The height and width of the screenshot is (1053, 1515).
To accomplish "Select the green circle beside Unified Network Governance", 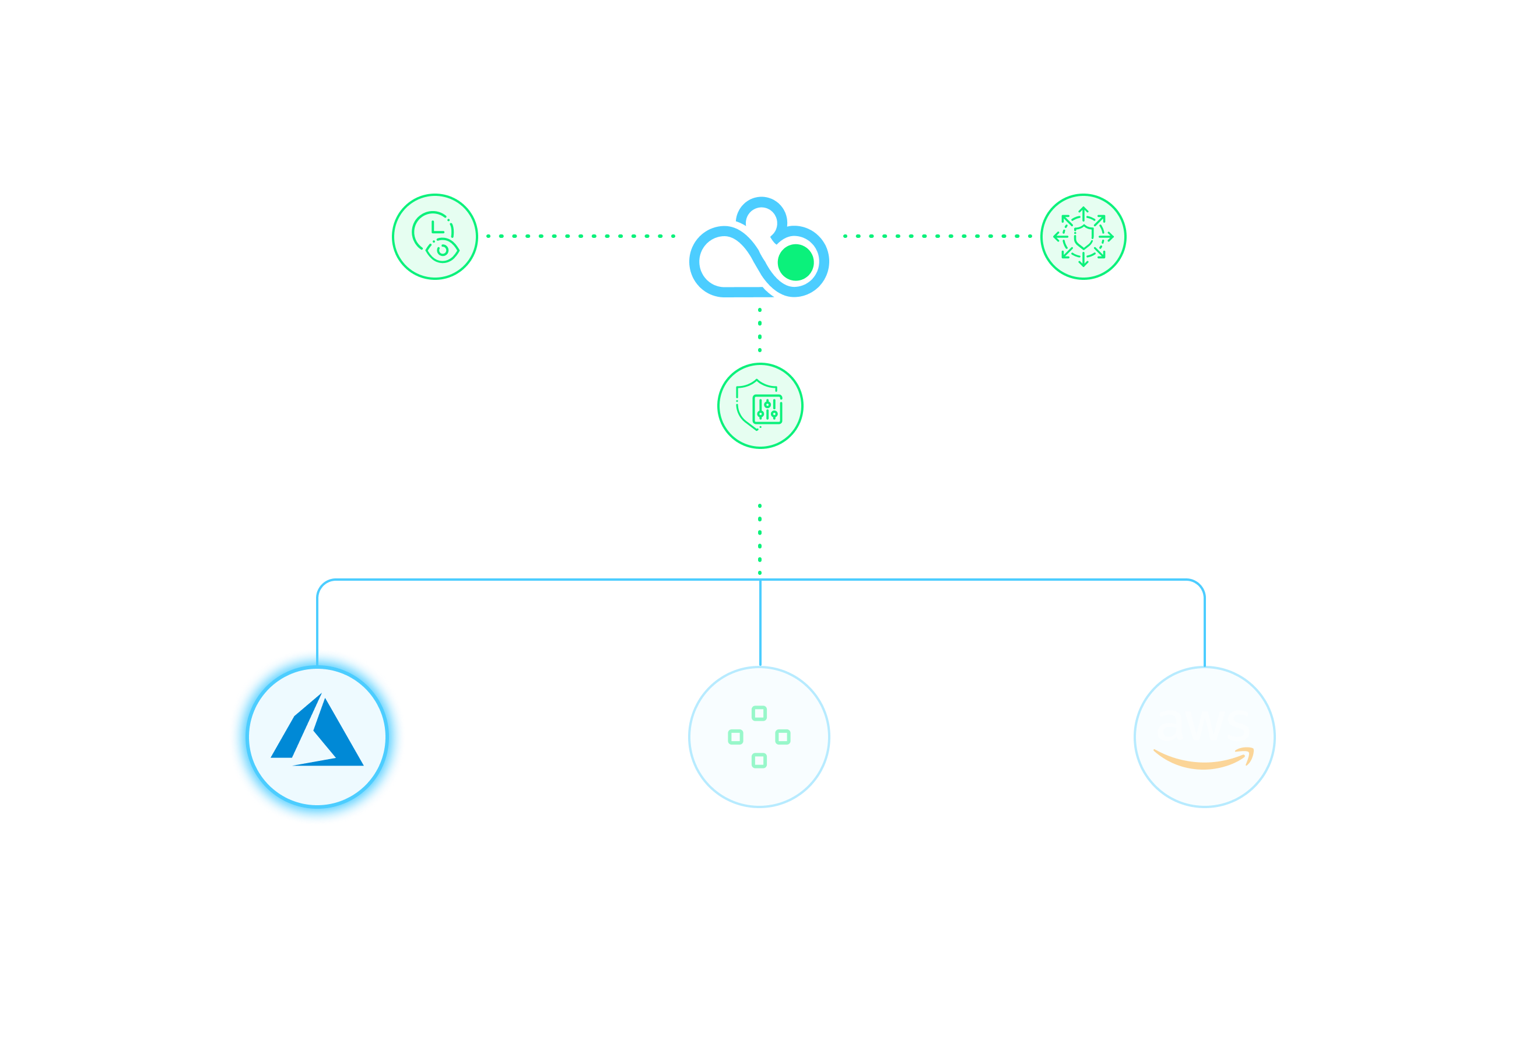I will click(435, 236).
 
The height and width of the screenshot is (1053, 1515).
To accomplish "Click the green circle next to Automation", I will click(1083, 236).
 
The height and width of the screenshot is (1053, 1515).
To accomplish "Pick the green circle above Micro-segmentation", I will click(760, 406).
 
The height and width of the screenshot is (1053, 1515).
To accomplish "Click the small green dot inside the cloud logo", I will click(796, 262).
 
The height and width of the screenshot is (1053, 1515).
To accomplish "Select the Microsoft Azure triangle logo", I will click(317, 732).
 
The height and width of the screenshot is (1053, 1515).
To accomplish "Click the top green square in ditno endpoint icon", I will click(759, 713).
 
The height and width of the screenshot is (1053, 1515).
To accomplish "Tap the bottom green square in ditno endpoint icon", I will click(759, 761).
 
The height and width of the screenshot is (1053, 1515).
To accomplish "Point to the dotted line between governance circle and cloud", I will click(581, 236).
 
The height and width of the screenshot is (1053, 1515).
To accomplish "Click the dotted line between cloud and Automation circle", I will click(937, 236).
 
